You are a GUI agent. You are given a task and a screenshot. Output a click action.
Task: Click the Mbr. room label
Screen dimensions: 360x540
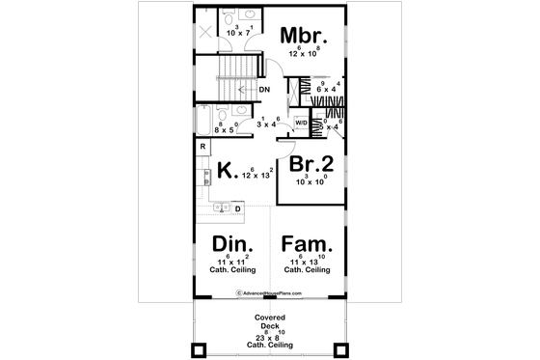305,36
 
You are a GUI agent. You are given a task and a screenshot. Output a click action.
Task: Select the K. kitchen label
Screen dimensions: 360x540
228,172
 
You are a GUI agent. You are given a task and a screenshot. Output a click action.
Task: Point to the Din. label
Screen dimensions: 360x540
232,246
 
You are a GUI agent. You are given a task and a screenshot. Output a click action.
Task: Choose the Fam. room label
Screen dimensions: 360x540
308,246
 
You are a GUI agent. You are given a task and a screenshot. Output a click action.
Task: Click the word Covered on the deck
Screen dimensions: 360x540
270,317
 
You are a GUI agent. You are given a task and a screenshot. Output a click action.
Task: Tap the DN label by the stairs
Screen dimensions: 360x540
263,91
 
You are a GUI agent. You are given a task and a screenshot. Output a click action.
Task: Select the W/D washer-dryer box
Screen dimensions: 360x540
301,124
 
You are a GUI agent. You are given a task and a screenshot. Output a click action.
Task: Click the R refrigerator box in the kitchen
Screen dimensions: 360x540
202,146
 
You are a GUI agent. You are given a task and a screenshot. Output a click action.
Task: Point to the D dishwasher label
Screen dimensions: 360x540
237,208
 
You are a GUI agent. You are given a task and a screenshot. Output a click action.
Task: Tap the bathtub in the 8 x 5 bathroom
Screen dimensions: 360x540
203,122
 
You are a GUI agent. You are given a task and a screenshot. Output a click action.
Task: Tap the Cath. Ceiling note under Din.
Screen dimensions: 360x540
232,272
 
